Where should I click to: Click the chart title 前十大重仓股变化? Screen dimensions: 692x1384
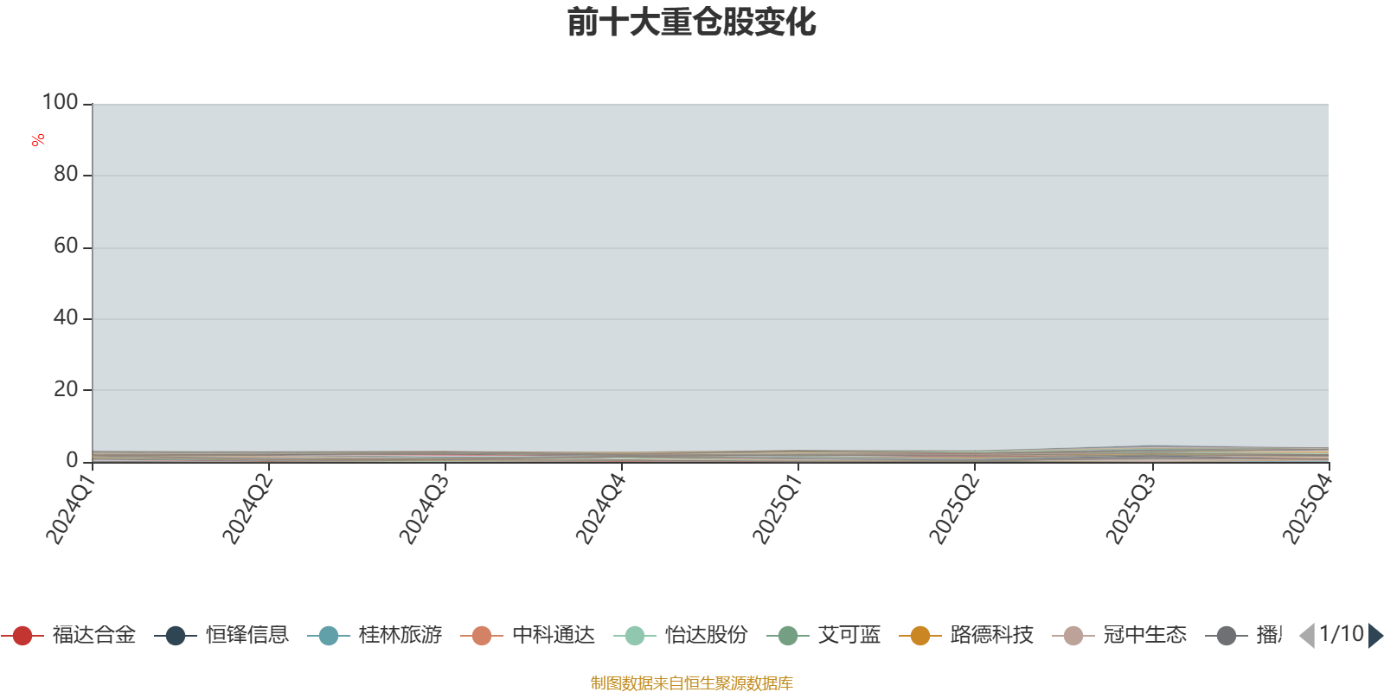pyautogui.click(x=692, y=22)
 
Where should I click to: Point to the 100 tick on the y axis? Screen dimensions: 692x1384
pyautogui.click(x=61, y=103)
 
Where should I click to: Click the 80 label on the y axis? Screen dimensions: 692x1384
pyautogui.click(x=66, y=175)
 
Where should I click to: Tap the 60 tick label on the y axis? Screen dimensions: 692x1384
pyautogui.click(x=66, y=247)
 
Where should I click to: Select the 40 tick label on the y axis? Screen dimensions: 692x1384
pyautogui.click(x=66, y=318)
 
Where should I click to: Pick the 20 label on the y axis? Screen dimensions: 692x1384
pyautogui.click(x=66, y=390)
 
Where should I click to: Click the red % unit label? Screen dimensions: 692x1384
pyautogui.click(x=38, y=140)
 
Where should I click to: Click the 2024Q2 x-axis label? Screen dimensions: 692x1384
pyautogui.click(x=247, y=509)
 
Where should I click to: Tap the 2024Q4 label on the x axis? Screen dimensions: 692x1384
pyautogui.click(x=600, y=509)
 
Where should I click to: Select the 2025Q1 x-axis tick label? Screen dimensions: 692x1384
pyautogui.click(x=777, y=509)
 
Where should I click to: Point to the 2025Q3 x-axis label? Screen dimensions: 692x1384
pyautogui.click(x=1130, y=509)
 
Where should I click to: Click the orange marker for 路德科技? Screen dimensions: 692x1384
pyautogui.click(x=920, y=636)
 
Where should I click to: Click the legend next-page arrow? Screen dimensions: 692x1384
pyautogui.click(x=1375, y=636)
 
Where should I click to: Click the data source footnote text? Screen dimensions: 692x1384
pyautogui.click(x=692, y=683)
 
